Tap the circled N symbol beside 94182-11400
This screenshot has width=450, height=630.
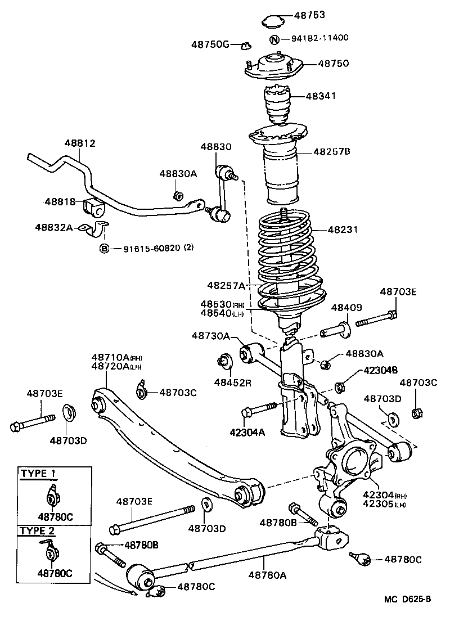click(274, 39)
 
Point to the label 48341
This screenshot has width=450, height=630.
click(321, 96)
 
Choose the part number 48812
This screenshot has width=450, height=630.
click(79, 143)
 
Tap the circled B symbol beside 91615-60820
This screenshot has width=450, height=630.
click(105, 248)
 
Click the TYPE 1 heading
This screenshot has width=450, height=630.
click(38, 473)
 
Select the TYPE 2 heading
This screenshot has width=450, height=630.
click(38, 530)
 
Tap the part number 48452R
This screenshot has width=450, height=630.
click(232, 382)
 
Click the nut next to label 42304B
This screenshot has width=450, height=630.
click(340, 387)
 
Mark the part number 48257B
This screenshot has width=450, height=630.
click(332, 151)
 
